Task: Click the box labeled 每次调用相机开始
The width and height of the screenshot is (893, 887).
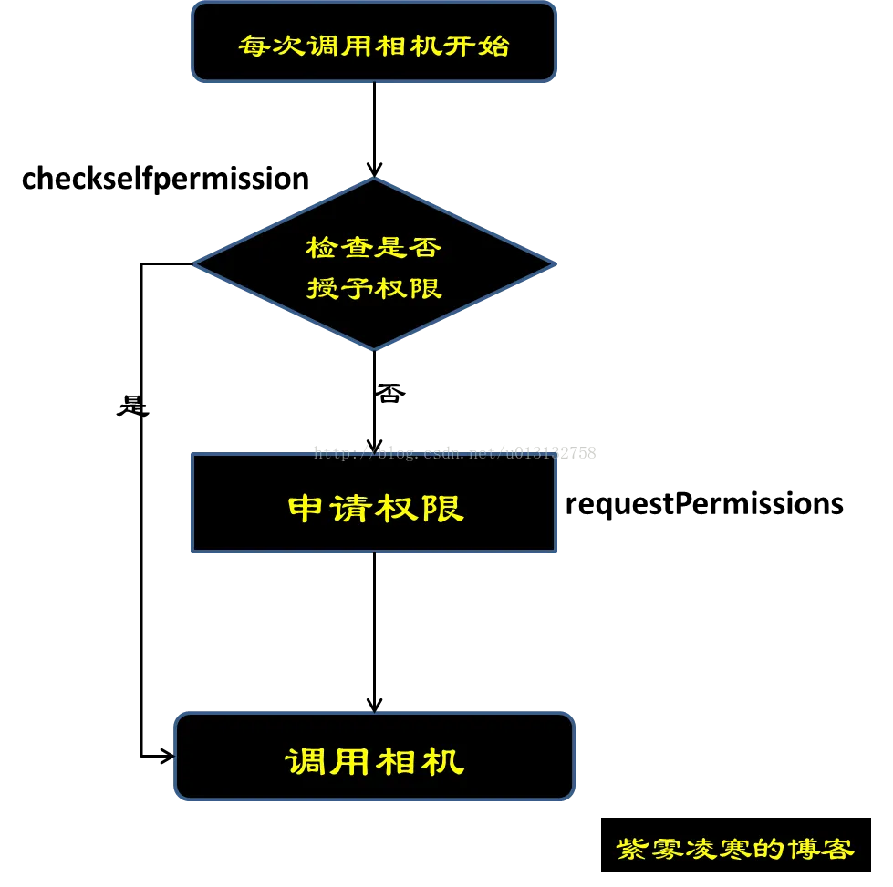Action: coord(373,43)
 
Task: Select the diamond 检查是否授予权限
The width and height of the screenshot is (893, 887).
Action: coord(373,264)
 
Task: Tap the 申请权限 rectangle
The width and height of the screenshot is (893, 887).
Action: coord(373,503)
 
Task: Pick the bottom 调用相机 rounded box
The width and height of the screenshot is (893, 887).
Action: coord(374,757)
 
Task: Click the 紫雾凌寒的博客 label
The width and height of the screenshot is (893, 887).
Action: coord(736,847)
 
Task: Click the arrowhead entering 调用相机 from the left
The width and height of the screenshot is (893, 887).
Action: coord(163,755)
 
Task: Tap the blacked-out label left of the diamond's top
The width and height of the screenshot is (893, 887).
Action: coord(167,178)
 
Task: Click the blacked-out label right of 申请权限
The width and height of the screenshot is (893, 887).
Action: coord(703,506)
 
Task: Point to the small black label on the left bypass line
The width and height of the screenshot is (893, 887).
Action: coord(133,409)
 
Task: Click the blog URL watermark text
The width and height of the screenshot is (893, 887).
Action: coord(438,452)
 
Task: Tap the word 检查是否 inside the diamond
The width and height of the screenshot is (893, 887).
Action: coord(373,247)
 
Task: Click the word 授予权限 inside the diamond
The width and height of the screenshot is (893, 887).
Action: coord(374,288)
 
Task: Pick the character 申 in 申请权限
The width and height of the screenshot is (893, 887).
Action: coord(304,508)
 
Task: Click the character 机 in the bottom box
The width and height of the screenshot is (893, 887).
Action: coord(444,760)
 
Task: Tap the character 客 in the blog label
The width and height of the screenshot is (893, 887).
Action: coord(838,849)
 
